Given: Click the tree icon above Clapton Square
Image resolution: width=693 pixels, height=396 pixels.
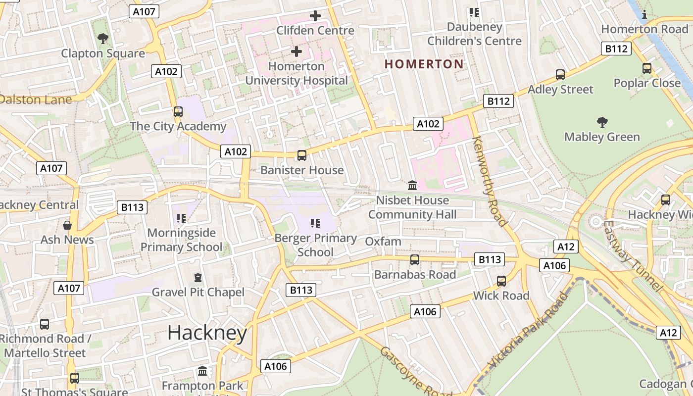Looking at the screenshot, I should tap(103, 38).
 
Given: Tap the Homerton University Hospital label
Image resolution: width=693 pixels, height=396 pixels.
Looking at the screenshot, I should tap(297, 73).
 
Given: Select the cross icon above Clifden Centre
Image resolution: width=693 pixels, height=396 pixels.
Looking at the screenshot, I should tap(315, 16).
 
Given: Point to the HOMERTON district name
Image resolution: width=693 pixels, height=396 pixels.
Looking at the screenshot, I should tap(424, 64).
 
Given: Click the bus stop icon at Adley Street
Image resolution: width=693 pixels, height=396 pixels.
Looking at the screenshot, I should tap(560, 75).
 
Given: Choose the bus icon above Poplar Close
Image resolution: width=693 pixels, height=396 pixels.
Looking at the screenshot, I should tap(647, 68).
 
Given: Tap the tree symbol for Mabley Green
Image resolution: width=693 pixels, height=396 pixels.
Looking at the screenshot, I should tap(602, 122).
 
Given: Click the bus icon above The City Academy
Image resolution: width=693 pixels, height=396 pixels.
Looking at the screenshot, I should tap(178, 112).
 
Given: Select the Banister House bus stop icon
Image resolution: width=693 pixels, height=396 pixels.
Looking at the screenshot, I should tap(301, 155).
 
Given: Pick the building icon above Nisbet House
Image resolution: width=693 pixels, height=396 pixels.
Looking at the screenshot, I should tap(412, 186).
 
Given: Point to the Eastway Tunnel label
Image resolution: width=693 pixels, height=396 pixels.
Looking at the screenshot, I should tap(633, 255).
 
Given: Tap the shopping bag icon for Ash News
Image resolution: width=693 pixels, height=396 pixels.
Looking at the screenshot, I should tap(67, 225).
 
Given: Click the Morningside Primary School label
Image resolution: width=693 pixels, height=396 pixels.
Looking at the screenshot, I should tap(182, 240).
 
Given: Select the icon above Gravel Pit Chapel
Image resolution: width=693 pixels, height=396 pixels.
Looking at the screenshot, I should tap(198, 278).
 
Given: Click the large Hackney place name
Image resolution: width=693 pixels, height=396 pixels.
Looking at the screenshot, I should tap(207, 333).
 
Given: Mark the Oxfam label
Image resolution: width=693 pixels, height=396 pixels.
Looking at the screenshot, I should tap(383, 242).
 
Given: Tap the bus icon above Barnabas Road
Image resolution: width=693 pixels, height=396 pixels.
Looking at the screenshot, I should tap(415, 260).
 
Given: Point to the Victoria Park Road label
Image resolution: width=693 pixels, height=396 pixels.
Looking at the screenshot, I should tap(528, 331).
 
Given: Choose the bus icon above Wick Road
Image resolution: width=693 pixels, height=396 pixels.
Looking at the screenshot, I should tap(501, 281).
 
